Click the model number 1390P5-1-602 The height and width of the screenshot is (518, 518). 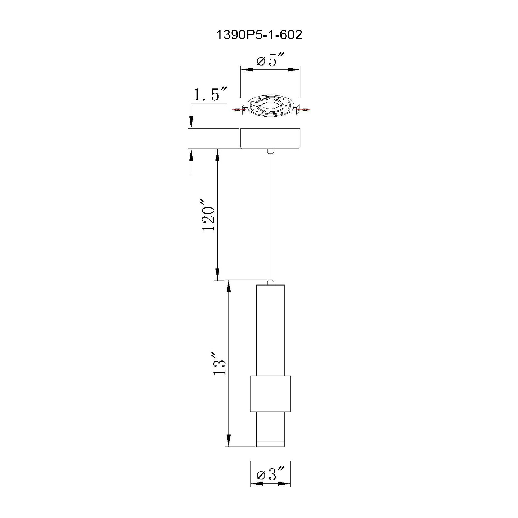[259, 35]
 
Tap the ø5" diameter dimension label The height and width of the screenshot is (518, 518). [270, 61]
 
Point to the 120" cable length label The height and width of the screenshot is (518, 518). [208, 215]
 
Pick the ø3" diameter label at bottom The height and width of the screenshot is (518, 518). [270, 474]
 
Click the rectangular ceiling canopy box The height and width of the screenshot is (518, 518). [270, 138]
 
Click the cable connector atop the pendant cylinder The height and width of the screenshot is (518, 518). [270, 282]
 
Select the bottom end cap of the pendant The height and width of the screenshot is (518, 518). [270, 452]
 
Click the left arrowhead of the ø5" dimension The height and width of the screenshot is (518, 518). [247, 70]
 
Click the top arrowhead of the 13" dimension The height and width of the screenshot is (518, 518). [228, 287]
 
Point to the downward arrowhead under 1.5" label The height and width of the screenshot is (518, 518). [191, 122]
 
